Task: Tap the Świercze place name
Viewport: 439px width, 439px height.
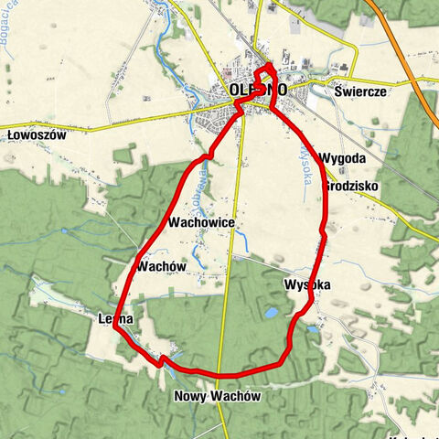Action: [x=361, y=92]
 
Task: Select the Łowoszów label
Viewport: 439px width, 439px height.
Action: [x=37, y=134]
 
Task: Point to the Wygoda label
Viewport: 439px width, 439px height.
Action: [x=343, y=158]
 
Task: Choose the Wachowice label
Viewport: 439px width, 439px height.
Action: [x=202, y=223]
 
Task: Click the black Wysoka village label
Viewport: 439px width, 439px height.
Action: [x=306, y=284]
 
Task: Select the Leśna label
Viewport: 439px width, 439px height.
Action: [x=116, y=318]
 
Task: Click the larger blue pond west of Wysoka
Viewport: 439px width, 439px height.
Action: [x=272, y=313]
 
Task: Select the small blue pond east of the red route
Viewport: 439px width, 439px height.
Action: [x=313, y=328]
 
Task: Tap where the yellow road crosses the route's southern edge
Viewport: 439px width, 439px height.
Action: [x=222, y=375]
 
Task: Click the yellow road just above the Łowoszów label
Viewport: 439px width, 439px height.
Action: [x=55, y=122]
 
